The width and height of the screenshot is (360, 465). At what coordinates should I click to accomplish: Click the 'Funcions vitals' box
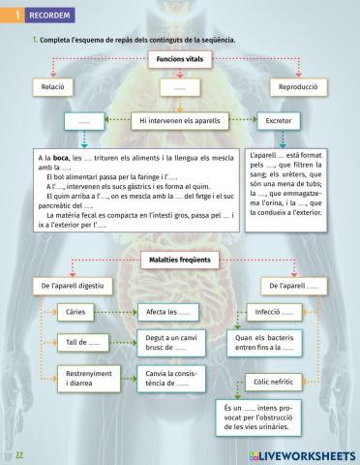tap(179, 60)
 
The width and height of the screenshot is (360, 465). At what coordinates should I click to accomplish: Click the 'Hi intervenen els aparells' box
tap(180, 123)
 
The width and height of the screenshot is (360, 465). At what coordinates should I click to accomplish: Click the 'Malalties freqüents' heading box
tap(180, 261)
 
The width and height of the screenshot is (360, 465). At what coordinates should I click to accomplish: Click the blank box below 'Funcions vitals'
tap(179, 88)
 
